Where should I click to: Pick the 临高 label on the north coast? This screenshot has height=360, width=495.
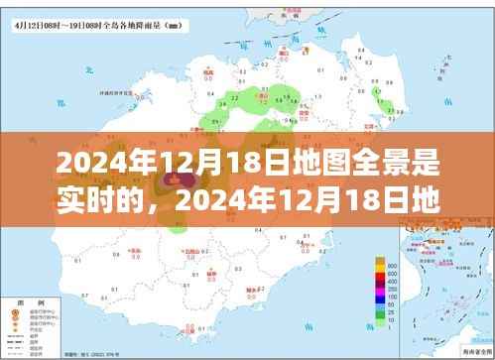208,74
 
